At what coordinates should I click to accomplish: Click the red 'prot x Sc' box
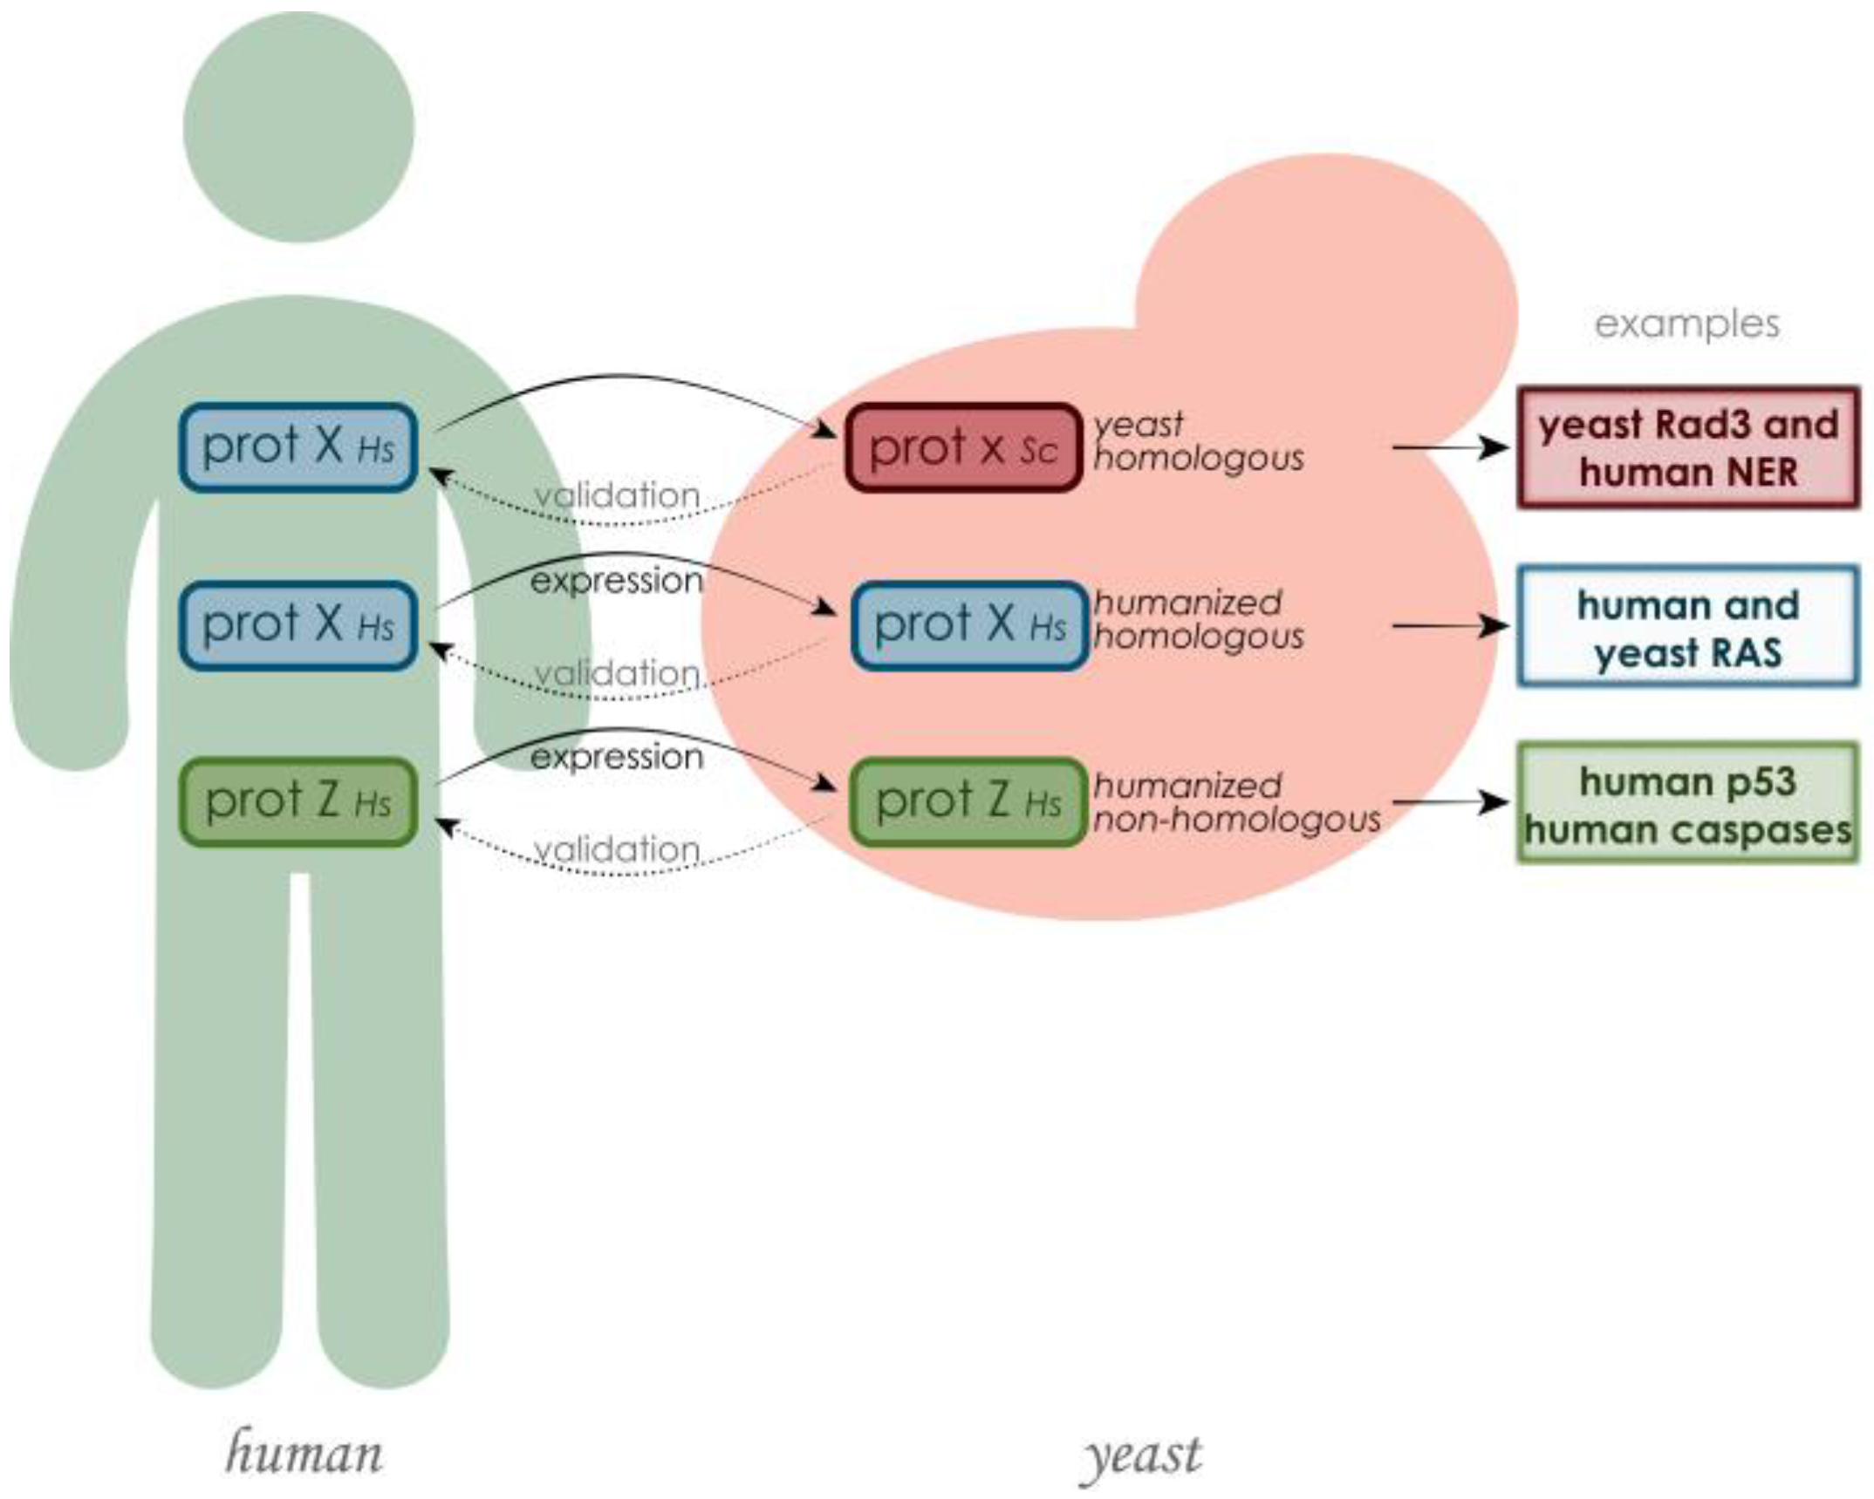pos(963,447)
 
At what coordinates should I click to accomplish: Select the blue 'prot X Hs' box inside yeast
pos(969,625)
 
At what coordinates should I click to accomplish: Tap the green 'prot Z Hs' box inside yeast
pos(968,802)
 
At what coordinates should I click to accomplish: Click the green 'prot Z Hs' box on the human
pos(298,802)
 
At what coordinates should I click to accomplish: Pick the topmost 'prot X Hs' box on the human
pos(298,447)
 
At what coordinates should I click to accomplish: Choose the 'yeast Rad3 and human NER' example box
pos(1687,447)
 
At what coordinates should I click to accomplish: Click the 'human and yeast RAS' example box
pos(1687,627)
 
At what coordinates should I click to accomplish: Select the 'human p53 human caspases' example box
pos(1687,803)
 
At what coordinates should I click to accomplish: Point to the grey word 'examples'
pos(1686,324)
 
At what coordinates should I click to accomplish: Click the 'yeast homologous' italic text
pos(1197,441)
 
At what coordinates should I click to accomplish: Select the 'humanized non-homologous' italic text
pos(1235,803)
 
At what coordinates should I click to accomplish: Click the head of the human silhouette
pos(298,127)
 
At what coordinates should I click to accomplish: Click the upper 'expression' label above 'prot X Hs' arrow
pos(616,581)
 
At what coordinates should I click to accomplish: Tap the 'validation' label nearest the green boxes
pos(616,848)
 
